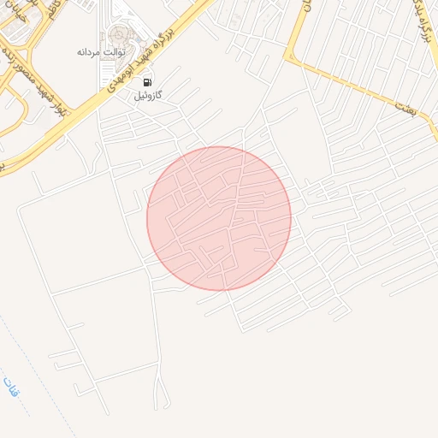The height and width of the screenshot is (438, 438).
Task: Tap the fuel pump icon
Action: click(x=148, y=82)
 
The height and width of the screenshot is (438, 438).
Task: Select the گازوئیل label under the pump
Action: click(x=148, y=96)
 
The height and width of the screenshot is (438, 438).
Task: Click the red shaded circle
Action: click(x=219, y=218)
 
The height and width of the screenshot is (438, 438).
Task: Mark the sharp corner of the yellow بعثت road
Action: click(x=290, y=58)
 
